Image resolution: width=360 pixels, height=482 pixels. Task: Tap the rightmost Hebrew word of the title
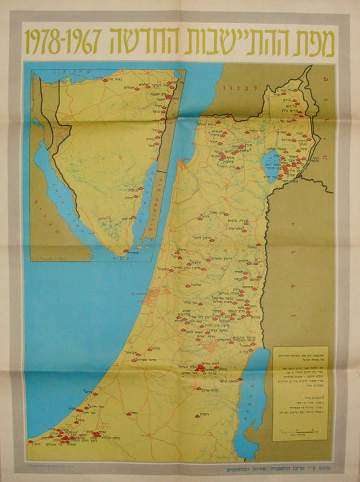318,41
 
